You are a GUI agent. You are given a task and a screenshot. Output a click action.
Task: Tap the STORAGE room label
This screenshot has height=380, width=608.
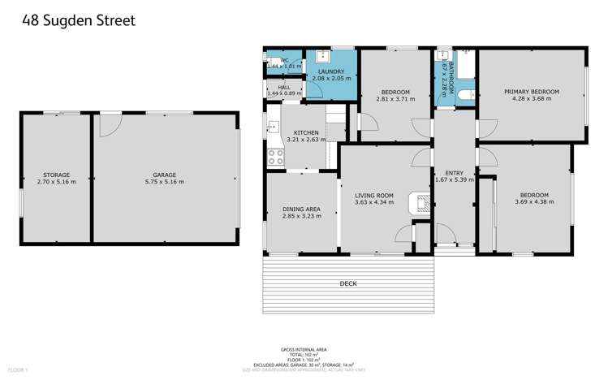[56, 175]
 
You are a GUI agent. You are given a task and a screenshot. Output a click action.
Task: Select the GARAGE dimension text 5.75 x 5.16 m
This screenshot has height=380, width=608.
[164, 182]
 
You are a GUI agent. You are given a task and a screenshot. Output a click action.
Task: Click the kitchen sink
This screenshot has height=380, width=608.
[274, 127]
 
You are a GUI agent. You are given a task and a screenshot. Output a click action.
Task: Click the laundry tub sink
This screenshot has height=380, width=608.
[322, 55]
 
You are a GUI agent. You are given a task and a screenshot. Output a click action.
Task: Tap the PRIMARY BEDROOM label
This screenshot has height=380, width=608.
[531, 92]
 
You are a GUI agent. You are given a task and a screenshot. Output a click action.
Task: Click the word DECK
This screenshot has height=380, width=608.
[348, 283]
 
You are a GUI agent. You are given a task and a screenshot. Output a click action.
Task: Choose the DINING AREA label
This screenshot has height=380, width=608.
[300, 209]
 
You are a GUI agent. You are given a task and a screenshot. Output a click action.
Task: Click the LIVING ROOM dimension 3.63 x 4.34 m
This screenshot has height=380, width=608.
[373, 202]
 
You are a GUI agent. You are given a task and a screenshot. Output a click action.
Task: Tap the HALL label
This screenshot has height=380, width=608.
[283, 87]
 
